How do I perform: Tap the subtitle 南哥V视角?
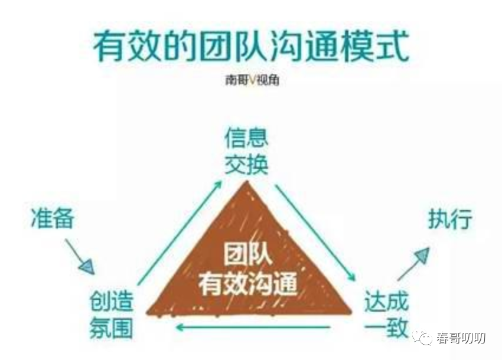click(251, 80)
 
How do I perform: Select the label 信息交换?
click(246, 152)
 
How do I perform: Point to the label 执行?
click(450, 220)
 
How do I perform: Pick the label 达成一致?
click(386, 315)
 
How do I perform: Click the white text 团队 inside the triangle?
click(248, 257)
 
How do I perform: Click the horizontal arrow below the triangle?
click(254, 328)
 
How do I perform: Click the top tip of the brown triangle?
click(247, 184)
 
